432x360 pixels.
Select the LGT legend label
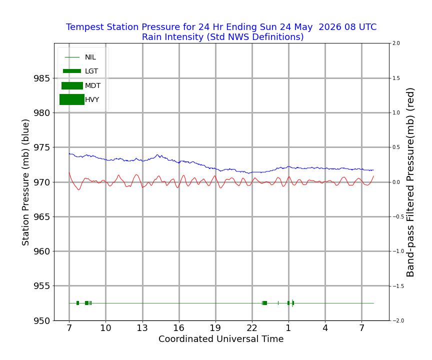pos(91,71)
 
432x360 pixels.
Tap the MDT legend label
pos(93,85)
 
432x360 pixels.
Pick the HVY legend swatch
pos(72,99)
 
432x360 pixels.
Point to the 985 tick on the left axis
pos(42,78)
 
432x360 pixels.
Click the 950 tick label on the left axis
pos(42,321)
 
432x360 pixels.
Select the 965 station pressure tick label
pos(42,217)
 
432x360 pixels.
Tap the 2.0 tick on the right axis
pos(396,43)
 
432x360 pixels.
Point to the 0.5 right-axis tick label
pos(396,147)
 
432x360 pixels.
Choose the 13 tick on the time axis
pos(142,328)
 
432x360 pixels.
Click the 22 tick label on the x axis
pos(252,328)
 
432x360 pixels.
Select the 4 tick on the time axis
pos(325,328)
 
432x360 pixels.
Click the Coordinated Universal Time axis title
pos(221,339)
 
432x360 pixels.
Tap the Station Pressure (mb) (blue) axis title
pos(25,182)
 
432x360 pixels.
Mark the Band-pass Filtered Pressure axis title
pos(410,182)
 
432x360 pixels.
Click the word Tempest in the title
pos(85,27)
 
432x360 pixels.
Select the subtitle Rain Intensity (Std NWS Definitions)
pos(222,37)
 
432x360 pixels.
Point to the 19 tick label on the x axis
pos(215,328)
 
